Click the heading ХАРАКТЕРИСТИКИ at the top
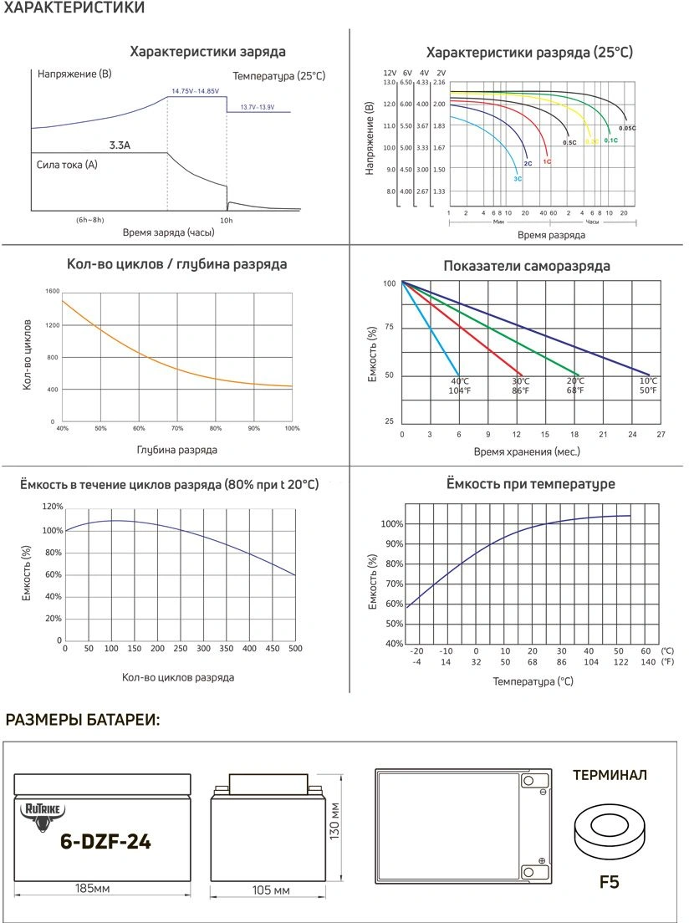pyautogui.click(x=74, y=8)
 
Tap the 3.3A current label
pyautogui.click(x=120, y=145)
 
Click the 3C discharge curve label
pyautogui.click(x=518, y=179)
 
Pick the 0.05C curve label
pyautogui.click(x=627, y=128)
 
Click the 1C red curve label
pyautogui.click(x=547, y=161)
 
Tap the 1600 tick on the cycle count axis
pyautogui.click(x=53, y=291)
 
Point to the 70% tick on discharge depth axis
pyautogui.click(x=177, y=429)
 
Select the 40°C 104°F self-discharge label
pyautogui.click(x=459, y=386)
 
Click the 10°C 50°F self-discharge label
pyautogui.click(x=649, y=386)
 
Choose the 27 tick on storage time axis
pyautogui.click(x=661, y=435)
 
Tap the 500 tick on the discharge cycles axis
pyautogui.click(x=295, y=648)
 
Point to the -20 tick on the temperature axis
pyautogui.click(x=417, y=650)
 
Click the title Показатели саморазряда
pyautogui.click(x=526, y=267)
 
